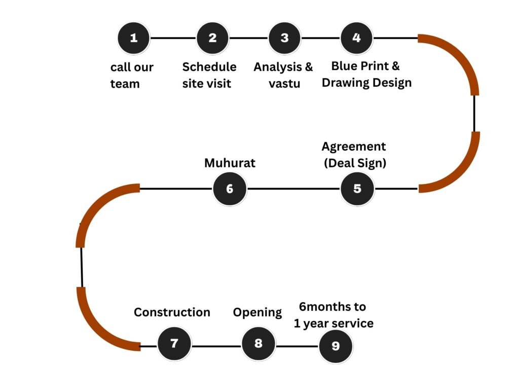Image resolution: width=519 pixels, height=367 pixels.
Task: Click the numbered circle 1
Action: [x=134, y=38]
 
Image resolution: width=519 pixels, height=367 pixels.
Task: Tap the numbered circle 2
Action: [x=212, y=38]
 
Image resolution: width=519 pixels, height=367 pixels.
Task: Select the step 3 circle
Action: [x=284, y=38]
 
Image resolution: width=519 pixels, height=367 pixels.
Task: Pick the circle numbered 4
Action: [x=357, y=38]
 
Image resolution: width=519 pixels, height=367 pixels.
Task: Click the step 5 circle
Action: [x=357, y=189]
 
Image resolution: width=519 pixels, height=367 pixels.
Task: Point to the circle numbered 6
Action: [x=230, y=189]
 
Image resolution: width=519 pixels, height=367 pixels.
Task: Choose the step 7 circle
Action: [x=174, y=344]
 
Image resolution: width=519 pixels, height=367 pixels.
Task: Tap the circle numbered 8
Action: [x=258, y=344]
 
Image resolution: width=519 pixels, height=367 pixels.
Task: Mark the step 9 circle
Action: [x=336, y=346]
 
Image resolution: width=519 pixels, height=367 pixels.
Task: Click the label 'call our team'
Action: [x=132, y=75]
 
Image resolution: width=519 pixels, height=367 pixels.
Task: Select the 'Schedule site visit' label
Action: [x=209, y=75]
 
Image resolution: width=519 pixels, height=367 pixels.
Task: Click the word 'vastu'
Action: [x=284, y=83]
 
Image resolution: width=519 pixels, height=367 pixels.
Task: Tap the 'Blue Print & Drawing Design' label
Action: [x=366, y=74]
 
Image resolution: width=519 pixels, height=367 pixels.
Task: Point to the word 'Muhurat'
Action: [x=230, y=163]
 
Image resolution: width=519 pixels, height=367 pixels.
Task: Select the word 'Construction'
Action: [x=172, y=312]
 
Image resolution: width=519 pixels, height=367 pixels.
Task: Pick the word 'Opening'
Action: [x=257, y=312]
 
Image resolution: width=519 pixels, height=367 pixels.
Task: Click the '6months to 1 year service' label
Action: [x=333, y=315]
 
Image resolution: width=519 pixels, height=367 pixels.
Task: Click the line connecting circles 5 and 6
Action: [x=293, y=189]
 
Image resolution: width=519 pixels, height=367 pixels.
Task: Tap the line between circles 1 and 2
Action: [x=173, y=38]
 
